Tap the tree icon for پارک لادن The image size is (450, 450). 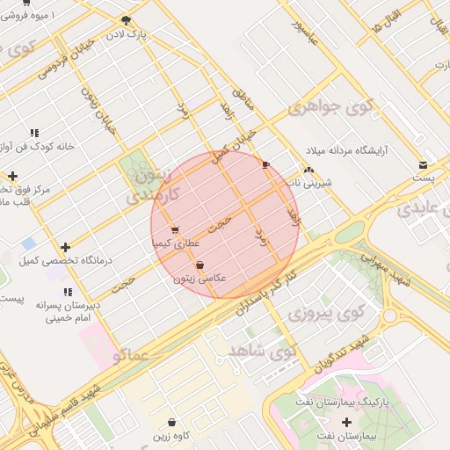point(127,20)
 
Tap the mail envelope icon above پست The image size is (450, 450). point(424,163)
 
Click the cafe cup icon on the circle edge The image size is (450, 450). point(265,164)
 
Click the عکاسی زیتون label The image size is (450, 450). point(200,278)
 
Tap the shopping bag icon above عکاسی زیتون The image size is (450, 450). point(200,264)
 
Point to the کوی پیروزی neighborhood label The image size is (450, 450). point(327,313)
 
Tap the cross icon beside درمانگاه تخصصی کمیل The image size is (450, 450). point(65,247)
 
